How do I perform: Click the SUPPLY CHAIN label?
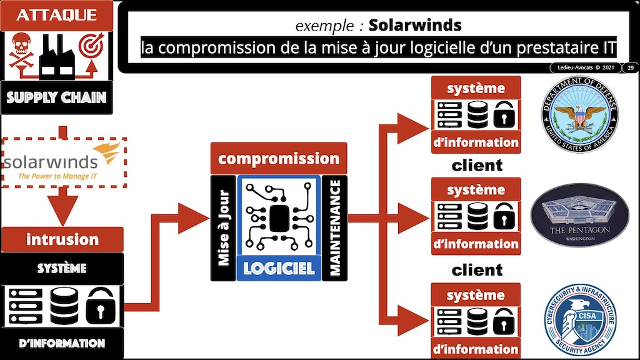point(57,97)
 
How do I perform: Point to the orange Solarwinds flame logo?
point(107,152)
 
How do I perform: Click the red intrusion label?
point(62,239)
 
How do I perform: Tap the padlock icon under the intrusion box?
point(100,304)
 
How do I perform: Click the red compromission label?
point(278,159)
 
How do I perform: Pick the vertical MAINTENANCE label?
point(335,227)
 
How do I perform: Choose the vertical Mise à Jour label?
point(223,227)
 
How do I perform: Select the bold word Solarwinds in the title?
point(414,26)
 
